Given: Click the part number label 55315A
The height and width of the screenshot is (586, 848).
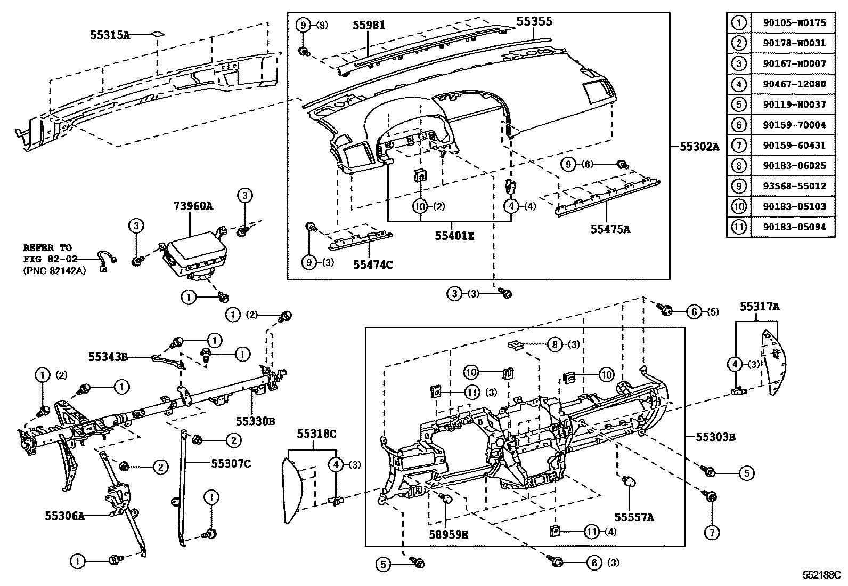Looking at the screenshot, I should pyautogui.click(x=110, y=35).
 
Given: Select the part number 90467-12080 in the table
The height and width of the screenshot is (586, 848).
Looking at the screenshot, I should pyautogui.click(x=794, y=84).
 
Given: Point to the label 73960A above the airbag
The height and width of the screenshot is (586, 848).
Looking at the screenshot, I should pyautogui.click(x=192, y=206).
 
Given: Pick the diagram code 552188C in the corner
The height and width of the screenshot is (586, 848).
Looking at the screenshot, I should pyautogui.click(x=821, y=576).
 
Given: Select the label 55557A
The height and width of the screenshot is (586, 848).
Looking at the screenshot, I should pyautogui.click(x=634, y=517).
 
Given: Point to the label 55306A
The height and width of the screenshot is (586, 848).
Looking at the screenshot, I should pyautogui.click(x=64, y=516).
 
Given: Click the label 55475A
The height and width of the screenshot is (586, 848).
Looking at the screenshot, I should pyautogui.click(x=610, y=229).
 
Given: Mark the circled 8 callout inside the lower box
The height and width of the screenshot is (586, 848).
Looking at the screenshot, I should pyautogui.click(x=555, y=344).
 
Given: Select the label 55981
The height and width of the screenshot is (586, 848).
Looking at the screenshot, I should pyautogui.click(x=369, y=25).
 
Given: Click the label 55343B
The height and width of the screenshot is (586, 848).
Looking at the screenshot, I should pyautogui.click(x=108, y=356).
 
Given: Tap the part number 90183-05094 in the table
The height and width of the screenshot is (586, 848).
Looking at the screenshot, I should pyautogui.click(x=794, y=227).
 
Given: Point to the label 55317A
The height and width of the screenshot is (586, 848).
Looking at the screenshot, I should pyautogui.click(x=759, y=307).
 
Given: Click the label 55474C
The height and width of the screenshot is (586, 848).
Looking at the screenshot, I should pyautogui.click(x=373, y=264).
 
